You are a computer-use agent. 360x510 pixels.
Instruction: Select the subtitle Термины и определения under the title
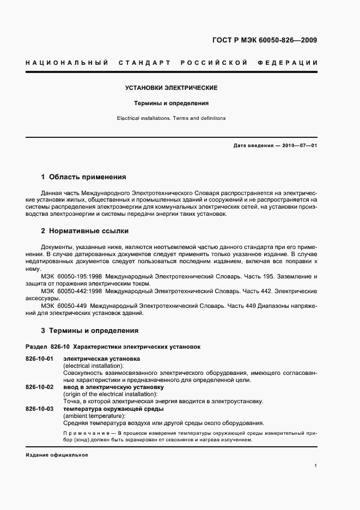pyautogui.click(x=172, y=103)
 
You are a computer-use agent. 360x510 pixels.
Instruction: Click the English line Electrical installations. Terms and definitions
pyautogui.click(x=172, y=118)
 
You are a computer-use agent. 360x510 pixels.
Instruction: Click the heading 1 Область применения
pyautogui.click(x=84, y=177)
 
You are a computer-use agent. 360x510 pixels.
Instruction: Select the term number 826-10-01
pyautogui.click(x=39, y=359)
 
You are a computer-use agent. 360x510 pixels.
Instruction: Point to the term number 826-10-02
pyautogui.click(x=39, y=387)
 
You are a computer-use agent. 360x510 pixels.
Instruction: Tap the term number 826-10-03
pyautogui.click(x=39, y=409)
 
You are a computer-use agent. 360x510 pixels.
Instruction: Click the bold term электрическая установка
pyautogui.click(x=102, y=359)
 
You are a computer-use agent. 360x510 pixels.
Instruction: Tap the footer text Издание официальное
pyautogui.click(x=57, y=455)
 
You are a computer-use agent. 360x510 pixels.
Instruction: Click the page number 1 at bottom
pyautogui.click(x=316, y=466)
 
